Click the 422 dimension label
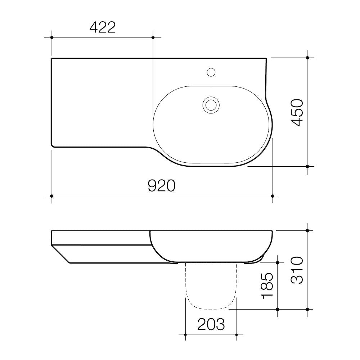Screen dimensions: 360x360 (102, 27)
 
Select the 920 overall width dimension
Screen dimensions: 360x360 (161, 186)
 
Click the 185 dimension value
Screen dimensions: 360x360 (267, 286)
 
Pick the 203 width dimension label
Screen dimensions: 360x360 (211, 324)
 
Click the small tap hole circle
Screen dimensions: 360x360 (211, 72)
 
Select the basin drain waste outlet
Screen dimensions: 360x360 (211, 105)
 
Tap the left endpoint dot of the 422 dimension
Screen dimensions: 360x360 (52, 37)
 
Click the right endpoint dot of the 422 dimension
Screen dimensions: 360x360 (153, 37)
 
